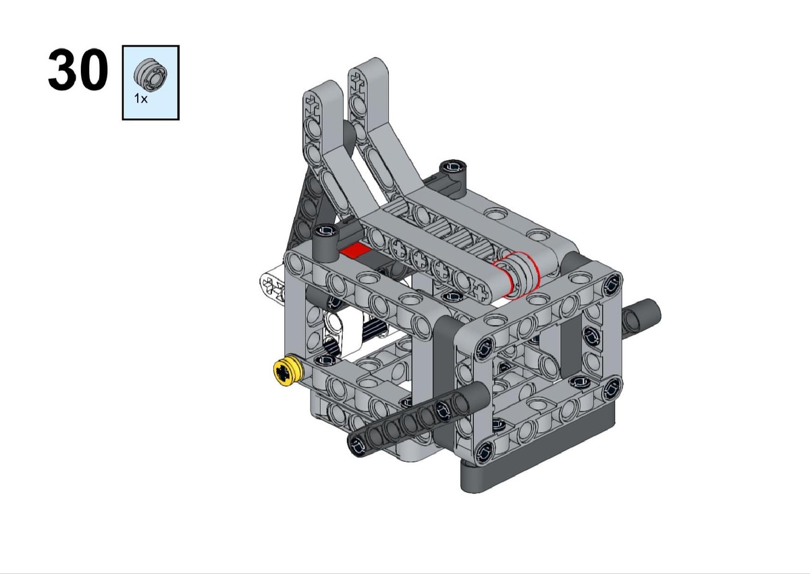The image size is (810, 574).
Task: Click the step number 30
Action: pos(78,70)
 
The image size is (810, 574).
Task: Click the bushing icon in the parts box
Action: pos(151,74)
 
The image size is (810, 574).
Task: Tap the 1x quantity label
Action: pos(140,99)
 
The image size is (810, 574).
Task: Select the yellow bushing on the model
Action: pos(287,372)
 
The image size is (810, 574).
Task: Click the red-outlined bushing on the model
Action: pos(516,276)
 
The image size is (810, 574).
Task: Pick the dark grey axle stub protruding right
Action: pos(641,315)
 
